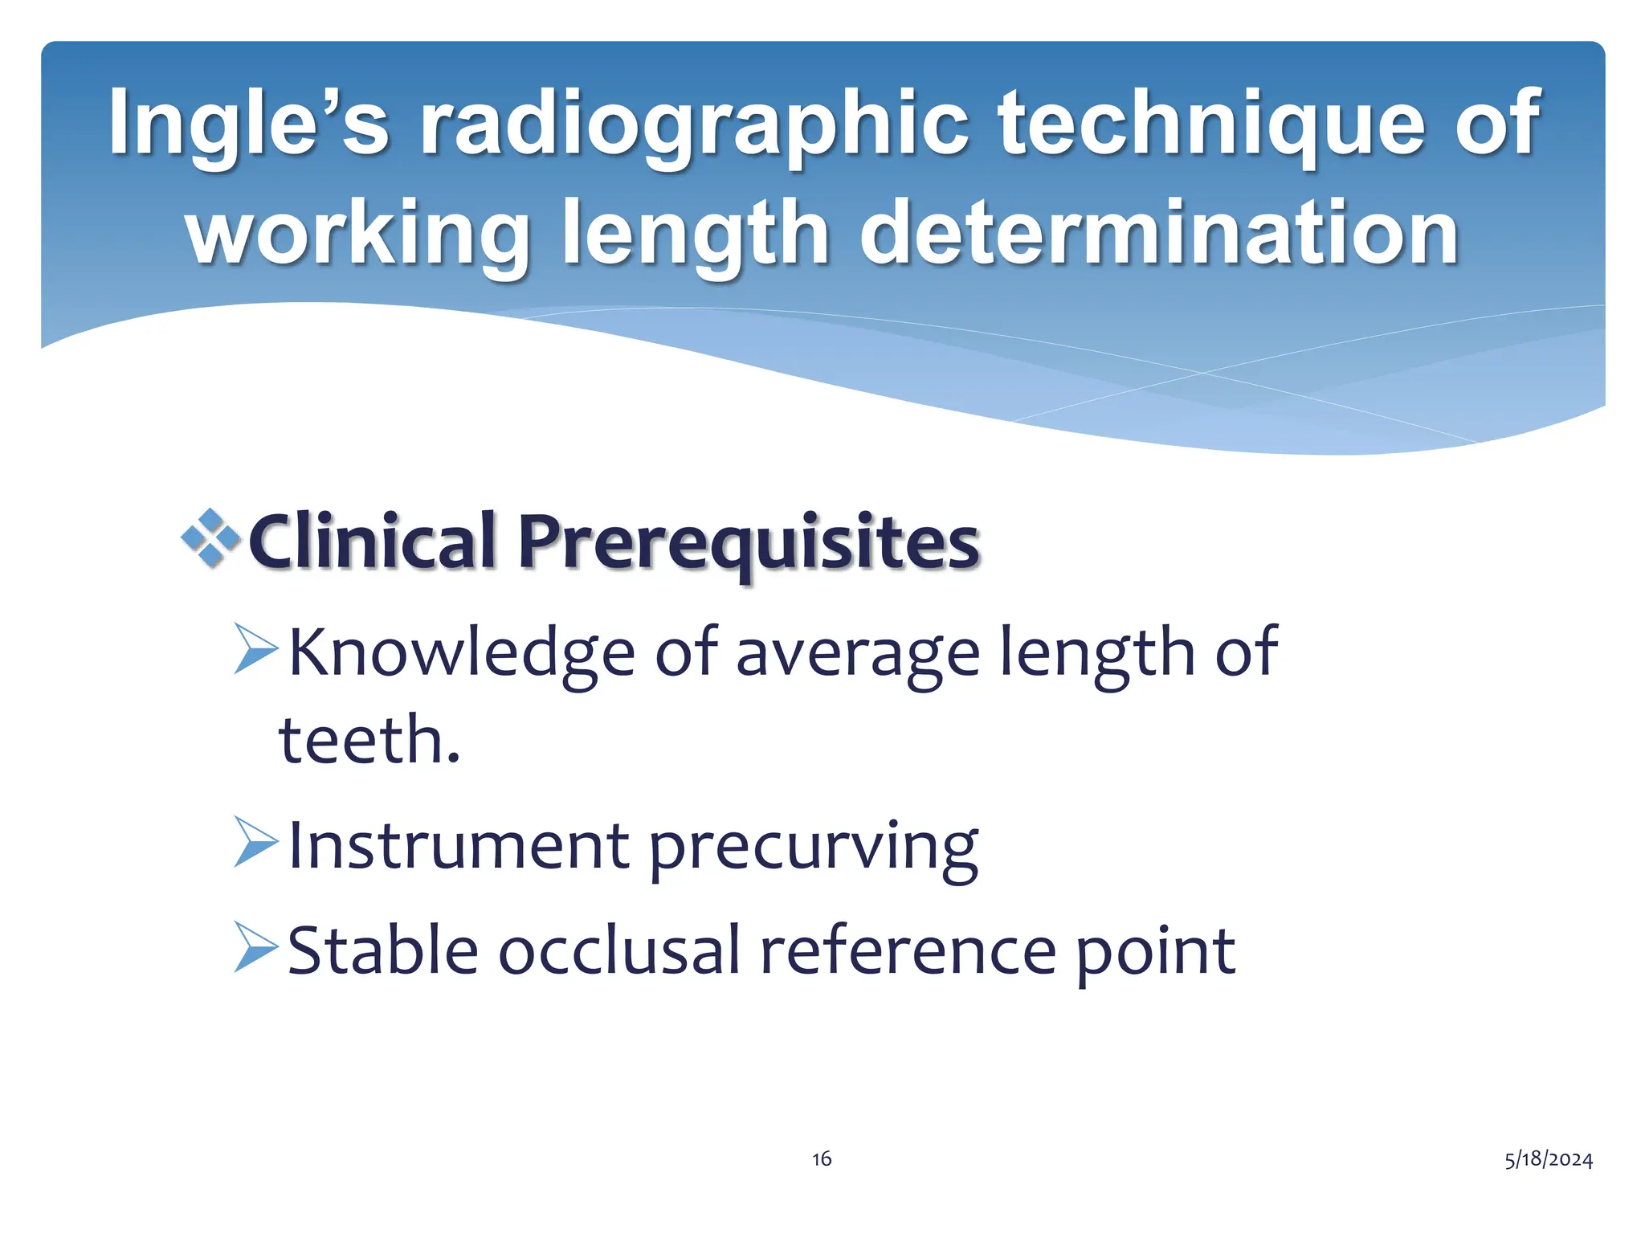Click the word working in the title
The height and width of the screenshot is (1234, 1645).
[357, 233]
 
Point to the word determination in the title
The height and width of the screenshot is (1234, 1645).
[1158, 233]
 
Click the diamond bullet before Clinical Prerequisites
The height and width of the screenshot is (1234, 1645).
[211, 537]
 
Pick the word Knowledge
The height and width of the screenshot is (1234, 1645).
[462, 652]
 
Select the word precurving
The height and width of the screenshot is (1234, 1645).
[813, 848]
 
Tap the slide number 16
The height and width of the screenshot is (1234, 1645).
[822, 1158]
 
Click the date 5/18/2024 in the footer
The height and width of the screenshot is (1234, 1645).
[1549, 1158]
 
